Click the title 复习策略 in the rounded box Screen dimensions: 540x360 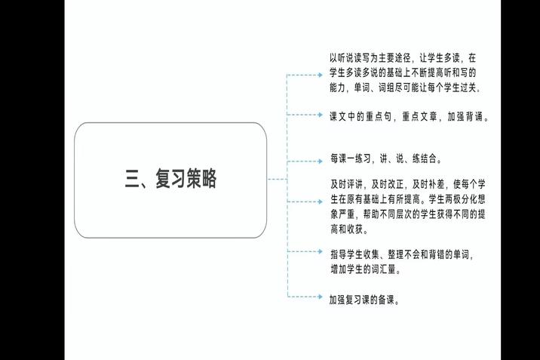pyautogui.click(x=186, y=178)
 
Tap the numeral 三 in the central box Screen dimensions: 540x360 pyautogui.click(x=132, y=179)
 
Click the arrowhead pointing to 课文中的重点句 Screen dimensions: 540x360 pyautogui.click(x=321, y=115)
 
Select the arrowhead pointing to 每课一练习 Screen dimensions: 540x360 pyautogui.click(x=321, y=162)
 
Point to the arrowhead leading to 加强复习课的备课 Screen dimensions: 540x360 pyautogui.click(x=321, y=297)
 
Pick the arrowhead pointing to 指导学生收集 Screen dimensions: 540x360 pyautogui.click(x=321, y=251)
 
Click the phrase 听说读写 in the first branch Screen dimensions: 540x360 pyautogui.click(x=354, y=58)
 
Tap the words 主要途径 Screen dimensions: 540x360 pyautogui.click(x=394, y=58)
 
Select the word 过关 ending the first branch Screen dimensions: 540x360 pyautogui.click(x=468, y=88)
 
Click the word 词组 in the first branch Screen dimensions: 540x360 pyautogui.click(x=386, y=88)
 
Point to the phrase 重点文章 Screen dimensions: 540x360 pyautogui.click(x=420, y=116)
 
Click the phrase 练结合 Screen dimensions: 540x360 pyautogui.click(x=425, y=158)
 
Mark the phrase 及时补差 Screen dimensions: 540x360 pyautogui.click(x=428, y=184)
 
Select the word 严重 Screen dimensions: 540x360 pyautogui.click(x=346, y=214)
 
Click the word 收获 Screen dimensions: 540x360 pyautogui.click(x=354, y=229)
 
